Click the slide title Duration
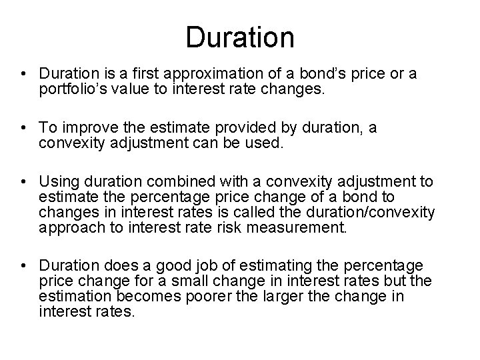[239, 37]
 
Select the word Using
[57, 181]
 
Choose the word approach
[68, 229]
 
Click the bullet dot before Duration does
[23, 267]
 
